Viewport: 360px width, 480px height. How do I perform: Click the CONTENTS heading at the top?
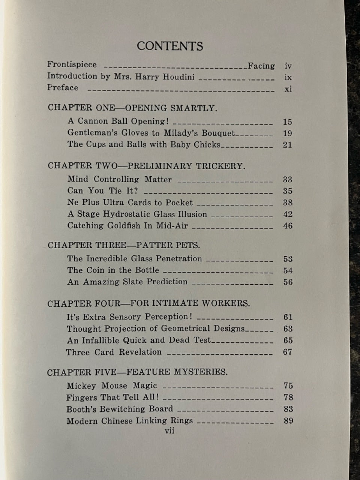pyautogui.click(x=170, y=46)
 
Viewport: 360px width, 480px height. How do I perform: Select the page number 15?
pyautogui.click(x=287, y=122)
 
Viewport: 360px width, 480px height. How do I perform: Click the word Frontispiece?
pyautogui.click(x=72, y=64)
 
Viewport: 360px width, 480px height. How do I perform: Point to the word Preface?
pyautogui.click(x=63, y=88)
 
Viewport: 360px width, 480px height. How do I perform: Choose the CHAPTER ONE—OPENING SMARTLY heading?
pyautogui.click(x=132, y=108)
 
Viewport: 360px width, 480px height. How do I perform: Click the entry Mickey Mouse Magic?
pyautogui.click(x=112, y=385)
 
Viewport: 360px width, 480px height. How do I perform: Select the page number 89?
pyautogui.click(x=288, y=421)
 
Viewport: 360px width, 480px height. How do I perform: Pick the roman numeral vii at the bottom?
pyautogui.click(x=169, y=431)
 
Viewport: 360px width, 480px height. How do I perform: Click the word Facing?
pyautogui.click(x=261, y=66)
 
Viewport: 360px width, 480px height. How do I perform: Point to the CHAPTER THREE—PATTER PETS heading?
pyautogui.click(x=124, y=245)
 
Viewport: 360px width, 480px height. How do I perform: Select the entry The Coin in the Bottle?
pyautogui.click(x=113, y=270)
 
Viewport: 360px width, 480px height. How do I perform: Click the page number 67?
pyautogui.click(x=288, y=352)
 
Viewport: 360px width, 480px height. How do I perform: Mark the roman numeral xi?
pyautogui.click(x=288, y=89)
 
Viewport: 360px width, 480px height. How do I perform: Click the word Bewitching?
pyautogui.click(x=125, y=409)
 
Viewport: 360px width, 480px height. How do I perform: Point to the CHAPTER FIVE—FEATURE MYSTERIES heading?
pyautogui.click(x=137, y=372)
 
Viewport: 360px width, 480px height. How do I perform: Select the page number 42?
pyautogui.click(x=288, y=214)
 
